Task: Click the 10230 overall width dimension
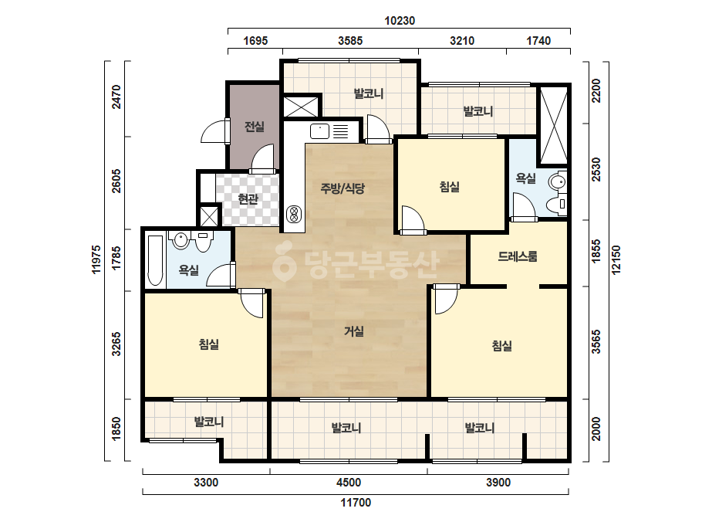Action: pos(400,21)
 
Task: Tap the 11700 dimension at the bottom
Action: pos(356,503)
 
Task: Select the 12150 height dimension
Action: pos(616,260)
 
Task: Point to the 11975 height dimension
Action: pos(96,259)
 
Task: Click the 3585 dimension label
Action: pos(350,41)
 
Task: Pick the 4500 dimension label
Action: pos(349,483)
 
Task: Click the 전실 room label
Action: pos(255,127)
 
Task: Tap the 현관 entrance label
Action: pos(248,198)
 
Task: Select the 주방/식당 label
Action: pos(343,188)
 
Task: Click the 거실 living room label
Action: pos(354,331)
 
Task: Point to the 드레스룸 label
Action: pos(518,256)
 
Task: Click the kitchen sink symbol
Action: pos(319,131)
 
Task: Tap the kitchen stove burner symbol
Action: pos(294,214)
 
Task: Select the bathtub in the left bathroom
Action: pos(155,260)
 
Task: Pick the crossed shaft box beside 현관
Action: pos(209,216)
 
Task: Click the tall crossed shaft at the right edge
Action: pos(552,126)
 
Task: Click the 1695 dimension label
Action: pos(255,41)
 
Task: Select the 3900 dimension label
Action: pos(498,483)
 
